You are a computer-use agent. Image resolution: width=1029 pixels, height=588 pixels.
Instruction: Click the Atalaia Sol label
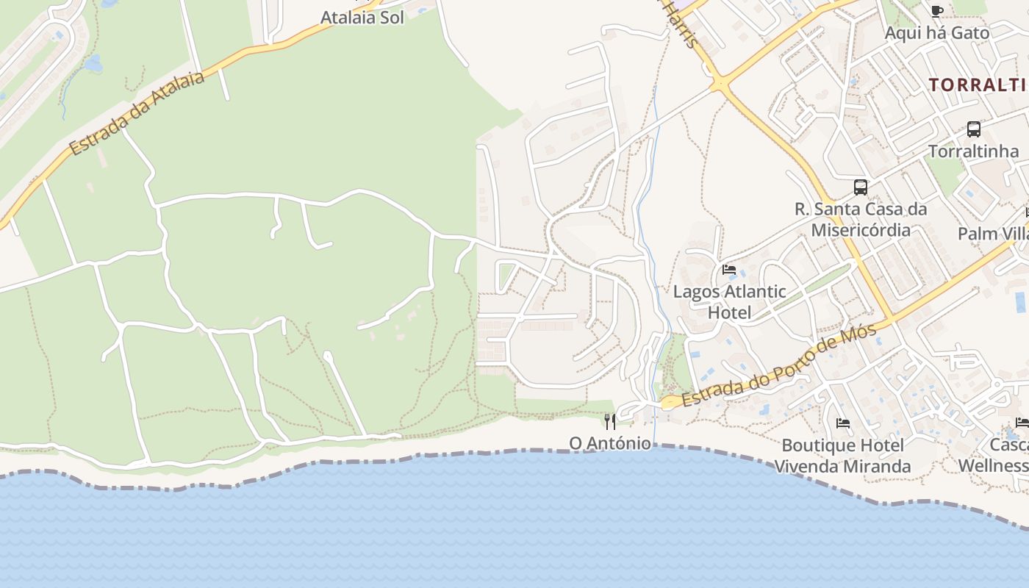[362, 18]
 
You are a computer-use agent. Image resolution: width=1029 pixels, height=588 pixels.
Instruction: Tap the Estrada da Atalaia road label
[137, 113]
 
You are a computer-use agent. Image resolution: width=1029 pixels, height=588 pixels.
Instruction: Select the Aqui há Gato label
[936, 32]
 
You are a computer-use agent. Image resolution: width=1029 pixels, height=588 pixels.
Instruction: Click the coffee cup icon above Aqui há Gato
[936, 10]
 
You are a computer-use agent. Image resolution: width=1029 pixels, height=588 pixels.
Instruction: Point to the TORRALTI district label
[978, 85]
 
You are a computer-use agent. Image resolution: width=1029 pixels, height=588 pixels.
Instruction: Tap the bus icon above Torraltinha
[973, 129]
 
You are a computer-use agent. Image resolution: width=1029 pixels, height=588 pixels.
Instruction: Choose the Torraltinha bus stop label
[973, 151]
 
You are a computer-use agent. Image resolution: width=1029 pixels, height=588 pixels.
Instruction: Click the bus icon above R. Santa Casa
[861, 187]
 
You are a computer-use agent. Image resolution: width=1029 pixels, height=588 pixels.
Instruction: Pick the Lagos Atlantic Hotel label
[730, 301]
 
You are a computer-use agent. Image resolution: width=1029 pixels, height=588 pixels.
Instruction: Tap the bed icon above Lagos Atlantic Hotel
[729, 270]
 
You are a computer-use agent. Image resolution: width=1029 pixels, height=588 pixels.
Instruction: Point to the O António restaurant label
[610, 443]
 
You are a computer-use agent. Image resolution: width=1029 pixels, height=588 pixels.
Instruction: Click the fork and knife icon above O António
[610, 421]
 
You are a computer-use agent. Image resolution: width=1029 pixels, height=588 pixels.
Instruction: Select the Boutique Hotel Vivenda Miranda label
[842, 456]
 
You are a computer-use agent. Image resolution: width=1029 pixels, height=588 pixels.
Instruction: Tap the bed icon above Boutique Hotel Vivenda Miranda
[843, 423]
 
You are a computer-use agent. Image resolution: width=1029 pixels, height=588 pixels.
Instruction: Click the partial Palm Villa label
[993, 234]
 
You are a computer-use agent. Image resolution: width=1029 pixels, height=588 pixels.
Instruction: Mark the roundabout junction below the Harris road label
[720, 85]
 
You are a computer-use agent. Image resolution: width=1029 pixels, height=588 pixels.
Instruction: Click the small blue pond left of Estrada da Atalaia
[93, 64]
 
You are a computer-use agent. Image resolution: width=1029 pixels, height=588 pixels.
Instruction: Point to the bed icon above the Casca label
[1022, 422]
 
